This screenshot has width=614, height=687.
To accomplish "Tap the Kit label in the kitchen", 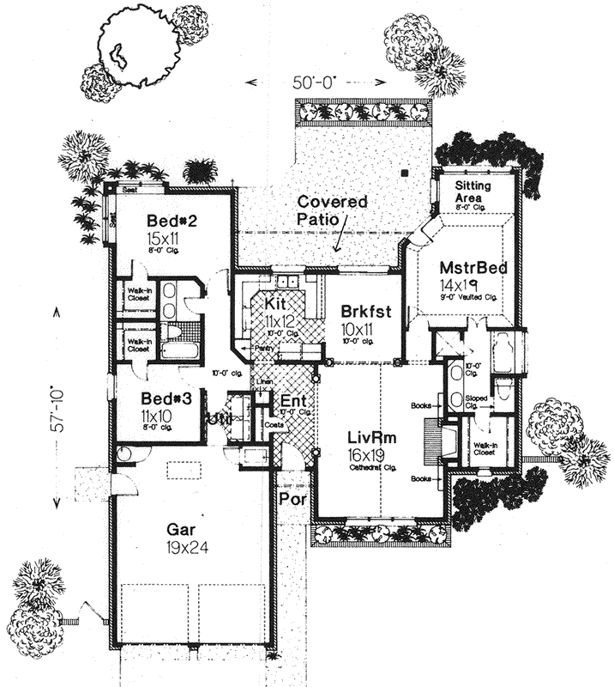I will (x=276, y=306).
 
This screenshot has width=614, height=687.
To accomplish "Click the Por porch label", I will (x=290, y=497).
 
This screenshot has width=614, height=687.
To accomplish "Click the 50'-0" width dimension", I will (x=312, y=83).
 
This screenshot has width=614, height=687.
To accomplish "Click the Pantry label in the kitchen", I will (x=265, y=348).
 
